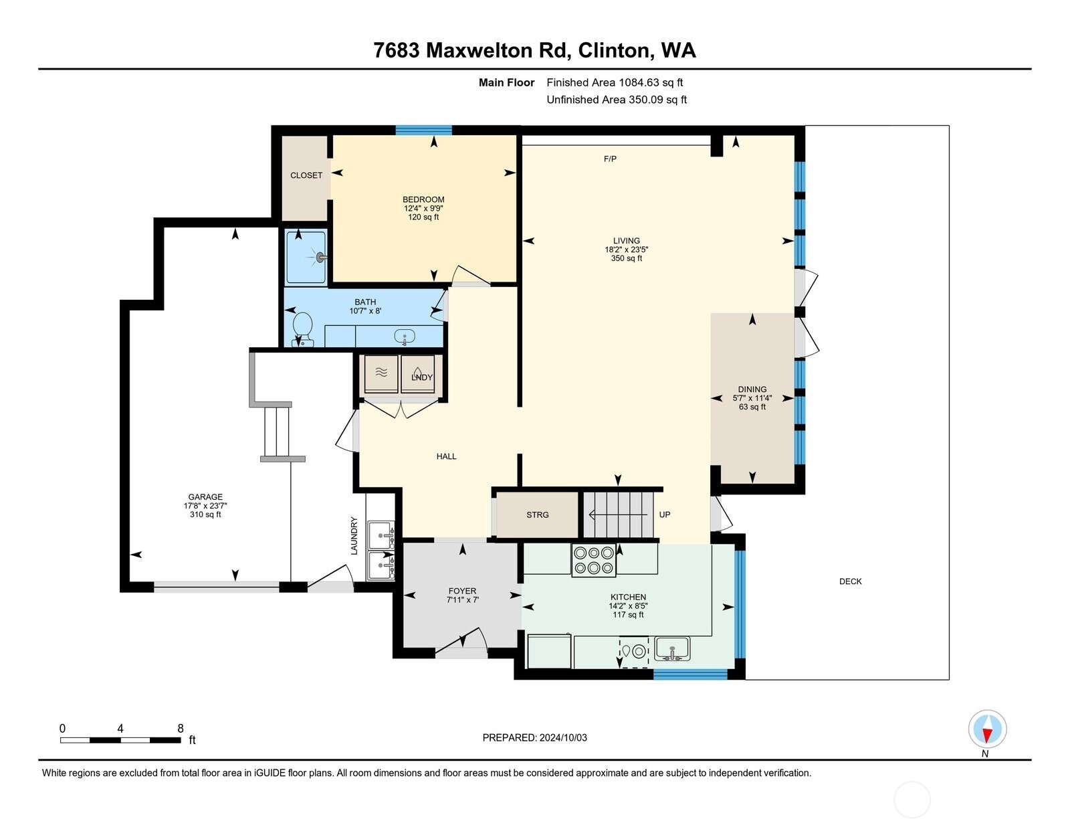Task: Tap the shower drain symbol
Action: [x=321, y=257]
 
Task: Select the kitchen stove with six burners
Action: [x=593, y=561]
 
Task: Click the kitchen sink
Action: [x=672, y=648]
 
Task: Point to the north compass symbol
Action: [x=987, y=730]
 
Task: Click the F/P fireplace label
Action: [x=610, y=159]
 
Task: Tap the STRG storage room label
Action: [x=538, y=515]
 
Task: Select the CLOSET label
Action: [x=306, y=175]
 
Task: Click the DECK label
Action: [x=850, y=581]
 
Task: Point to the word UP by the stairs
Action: [x=665, y=515]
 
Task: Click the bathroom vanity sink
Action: [x=405, y=337]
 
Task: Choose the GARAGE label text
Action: [x=205, y=497]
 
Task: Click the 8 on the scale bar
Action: [x=180, y=729]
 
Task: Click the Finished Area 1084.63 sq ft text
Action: [x=615, y=82]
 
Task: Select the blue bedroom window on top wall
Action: [x=423, y=130]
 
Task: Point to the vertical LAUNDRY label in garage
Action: [x=354, y=535]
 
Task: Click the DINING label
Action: [x=752, y=389]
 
